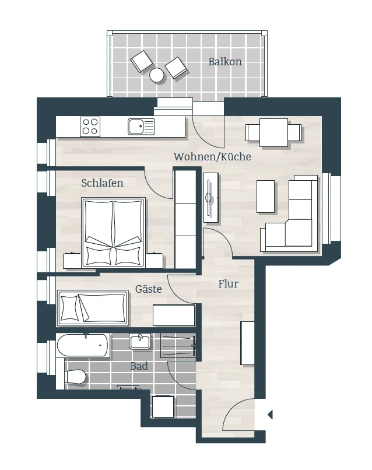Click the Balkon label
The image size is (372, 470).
click(x=225, y=61)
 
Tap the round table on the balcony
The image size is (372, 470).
click(x=156, y=75)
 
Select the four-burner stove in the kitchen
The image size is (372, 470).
click(x=90, y=127)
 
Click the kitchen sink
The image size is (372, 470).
click(x=142, y=127)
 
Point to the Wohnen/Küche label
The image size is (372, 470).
click(x=212, y=156)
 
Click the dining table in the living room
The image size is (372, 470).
click(x=273, y=132)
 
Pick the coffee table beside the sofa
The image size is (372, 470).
click(x=265, y=197)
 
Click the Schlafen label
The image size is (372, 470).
click(x=102, y=183)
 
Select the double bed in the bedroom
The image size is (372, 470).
click(x=114, y=232)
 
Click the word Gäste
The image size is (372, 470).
click(x=148, y=289)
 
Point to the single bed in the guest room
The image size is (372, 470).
click(x=93, y=307)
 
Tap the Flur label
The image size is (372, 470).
click(x=229, y=283)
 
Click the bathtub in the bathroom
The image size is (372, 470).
click(x=83, y=345)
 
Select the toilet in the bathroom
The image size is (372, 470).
click(x=75, y=377)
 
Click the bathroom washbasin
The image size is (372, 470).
click(x=140, y=341)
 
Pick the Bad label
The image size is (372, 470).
click(x=139, y=366)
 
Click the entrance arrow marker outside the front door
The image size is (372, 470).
click(x=270, y=415)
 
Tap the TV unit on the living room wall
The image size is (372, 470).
click(x=211, y=198)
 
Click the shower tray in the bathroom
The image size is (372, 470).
click(x=178, y=345)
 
